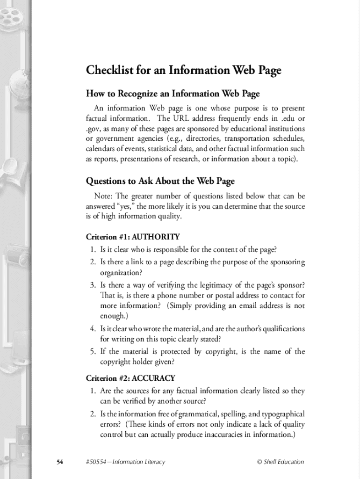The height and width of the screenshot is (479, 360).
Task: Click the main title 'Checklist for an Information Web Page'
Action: pyautogui.click(x=183, y=71)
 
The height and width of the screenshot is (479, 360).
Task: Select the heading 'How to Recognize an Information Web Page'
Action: pyautogui.click(x=173, y=94)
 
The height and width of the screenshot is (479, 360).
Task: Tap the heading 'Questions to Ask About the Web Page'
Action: pyautogui.click(x=160, y=181)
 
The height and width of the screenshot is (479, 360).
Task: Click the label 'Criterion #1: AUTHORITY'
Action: pyautogui.click(x=133, y=237)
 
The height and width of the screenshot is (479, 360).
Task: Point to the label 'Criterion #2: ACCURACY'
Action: pyautogui.click(x=130, y=378)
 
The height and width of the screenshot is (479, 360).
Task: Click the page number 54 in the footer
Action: pyautogui.click(x=60, y=462)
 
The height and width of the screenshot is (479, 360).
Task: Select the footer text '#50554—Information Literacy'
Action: pyautogui.click(x=126, y=462)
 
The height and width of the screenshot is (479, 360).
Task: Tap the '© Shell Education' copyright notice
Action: pyautogui.click(x=281, y=462)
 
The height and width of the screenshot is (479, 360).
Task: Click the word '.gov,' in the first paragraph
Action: pyautogui.click(x=94, y=129)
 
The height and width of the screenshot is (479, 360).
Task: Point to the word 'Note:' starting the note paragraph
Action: pyautogui.click(x=104, y=196)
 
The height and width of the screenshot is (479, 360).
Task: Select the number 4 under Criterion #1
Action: pyautogui.click(x=93, y=329)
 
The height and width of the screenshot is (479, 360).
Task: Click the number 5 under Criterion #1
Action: pyautogui.click(x=93, y=351)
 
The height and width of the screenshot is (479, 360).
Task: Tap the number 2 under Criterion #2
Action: pyautogui.click(x=93, y=414)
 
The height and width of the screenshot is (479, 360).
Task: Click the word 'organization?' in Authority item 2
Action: pyautogui.click(x=120, y=272)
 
